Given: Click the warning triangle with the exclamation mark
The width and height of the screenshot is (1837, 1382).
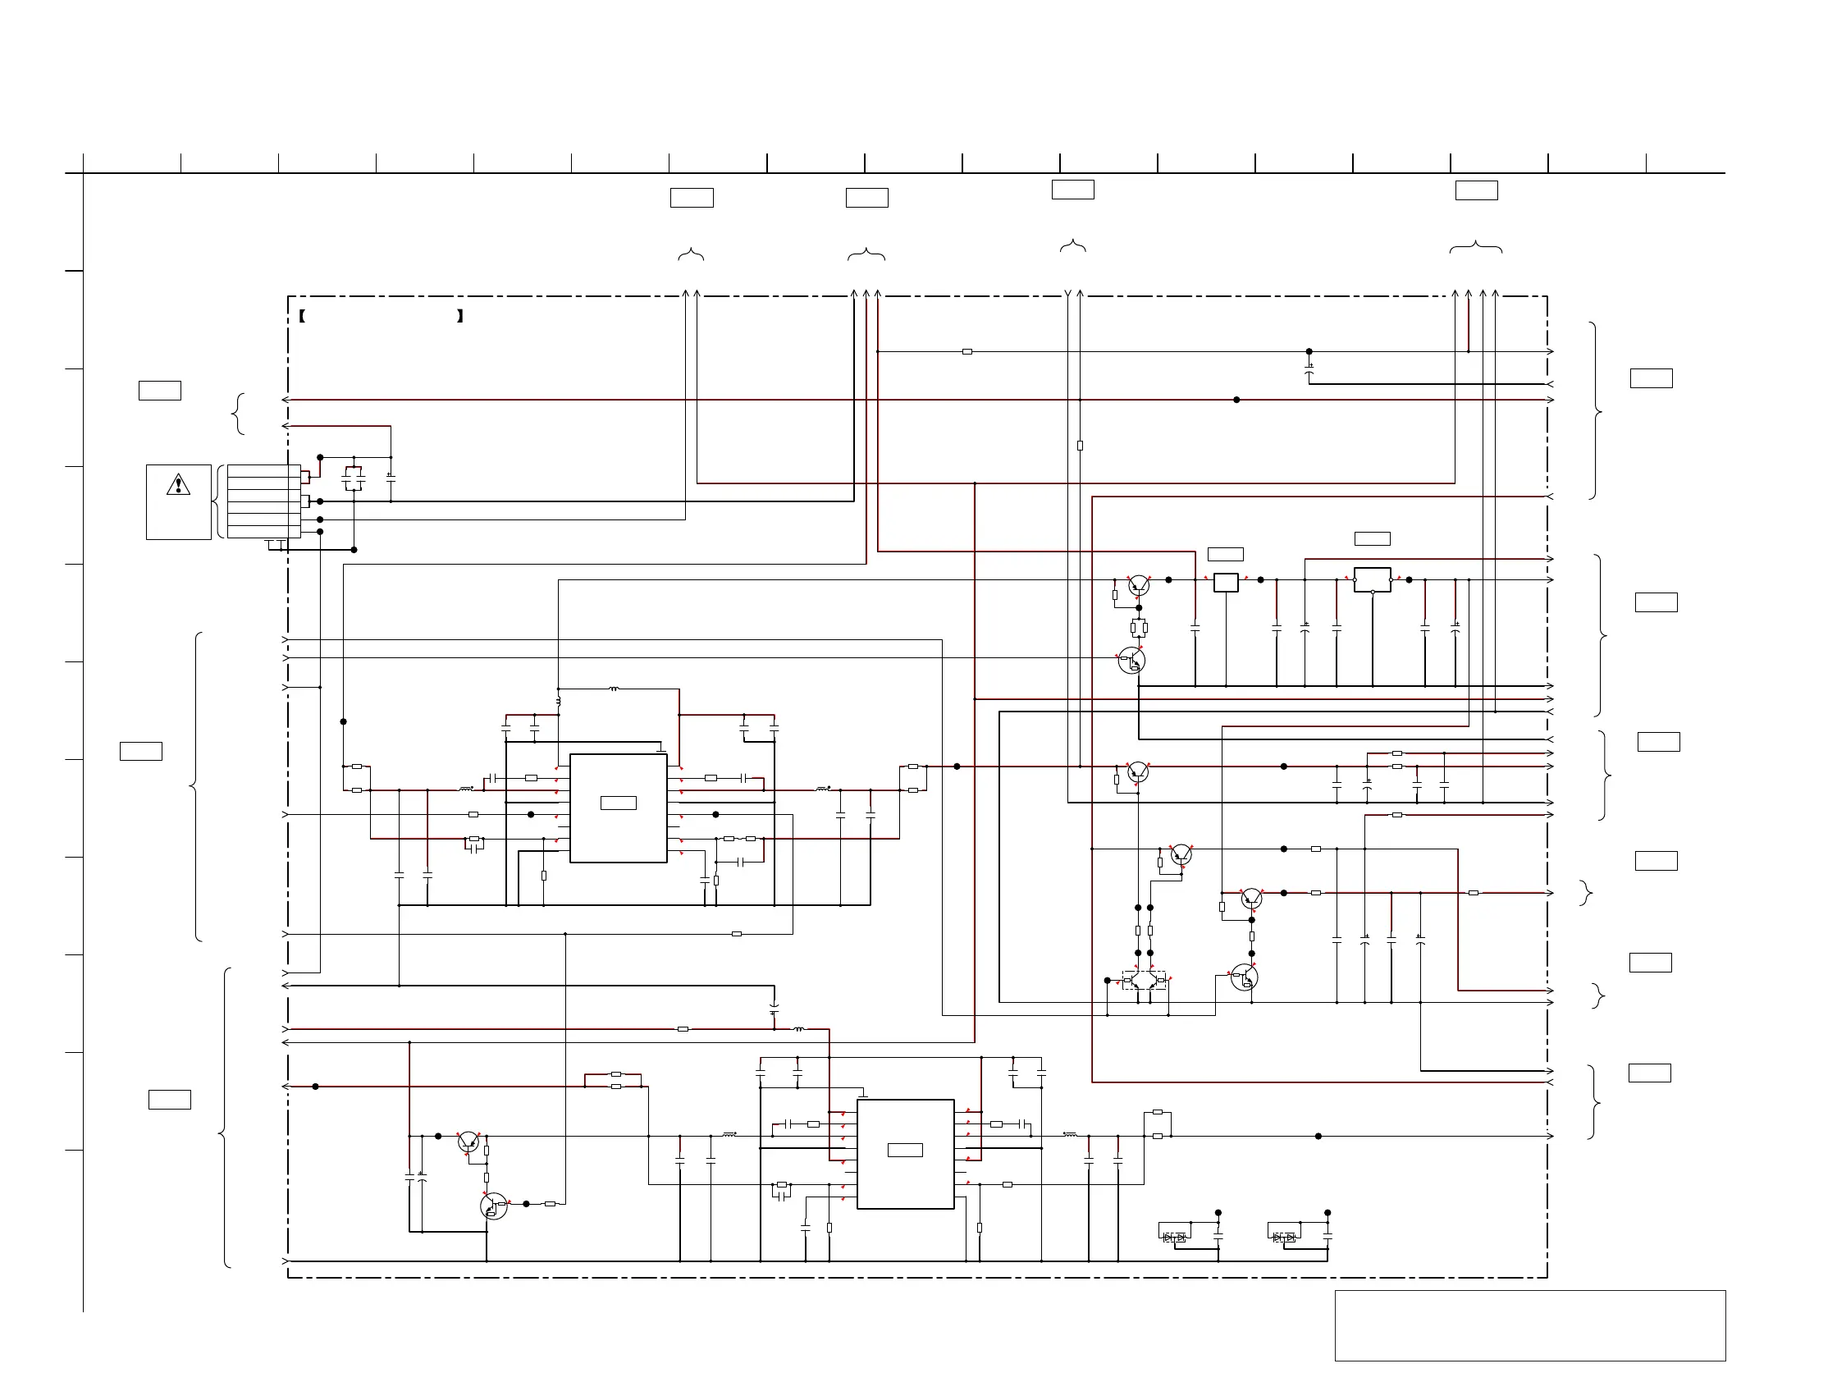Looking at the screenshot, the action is click(178, 484).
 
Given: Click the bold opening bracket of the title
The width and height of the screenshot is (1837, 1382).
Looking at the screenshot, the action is click(302, 316).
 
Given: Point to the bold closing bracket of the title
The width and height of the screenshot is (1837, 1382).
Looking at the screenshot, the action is click(460, 316).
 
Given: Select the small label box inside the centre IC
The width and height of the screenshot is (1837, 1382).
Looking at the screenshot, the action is click(618, 803).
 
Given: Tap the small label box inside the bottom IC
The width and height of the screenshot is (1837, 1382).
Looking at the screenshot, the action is click(905, 1151).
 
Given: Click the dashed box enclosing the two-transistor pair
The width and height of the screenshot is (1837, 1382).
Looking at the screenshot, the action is click(1144, 980).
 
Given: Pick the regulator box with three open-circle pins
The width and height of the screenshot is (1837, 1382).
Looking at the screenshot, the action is click(1372, 579).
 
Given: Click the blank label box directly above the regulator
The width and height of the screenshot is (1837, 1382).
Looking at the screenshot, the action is click(1372, 539).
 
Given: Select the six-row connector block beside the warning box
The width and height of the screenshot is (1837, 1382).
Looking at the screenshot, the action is click(264, 501).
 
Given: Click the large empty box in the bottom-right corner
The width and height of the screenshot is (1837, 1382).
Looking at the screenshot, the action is click(1529, 1325).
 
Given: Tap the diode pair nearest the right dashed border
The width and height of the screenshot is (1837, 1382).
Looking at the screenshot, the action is click(1284, 1238).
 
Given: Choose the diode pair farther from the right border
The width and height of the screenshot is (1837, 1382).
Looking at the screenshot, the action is click(1174, 1238).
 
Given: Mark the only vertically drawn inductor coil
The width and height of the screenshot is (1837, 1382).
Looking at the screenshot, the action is click(558, 702).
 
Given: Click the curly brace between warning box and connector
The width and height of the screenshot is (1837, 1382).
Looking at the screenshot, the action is click(219, 501).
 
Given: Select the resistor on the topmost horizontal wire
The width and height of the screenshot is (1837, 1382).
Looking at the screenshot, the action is click(966, 352).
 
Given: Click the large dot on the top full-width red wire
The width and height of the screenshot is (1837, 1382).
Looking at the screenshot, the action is click(1236, 400).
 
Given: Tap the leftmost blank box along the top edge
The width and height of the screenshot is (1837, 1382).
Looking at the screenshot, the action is click(692, 198).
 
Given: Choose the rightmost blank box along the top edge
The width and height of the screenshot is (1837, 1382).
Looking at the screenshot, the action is click(1477, 190).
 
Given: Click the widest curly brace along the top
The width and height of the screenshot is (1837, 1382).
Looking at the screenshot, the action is click(1476, 247).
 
